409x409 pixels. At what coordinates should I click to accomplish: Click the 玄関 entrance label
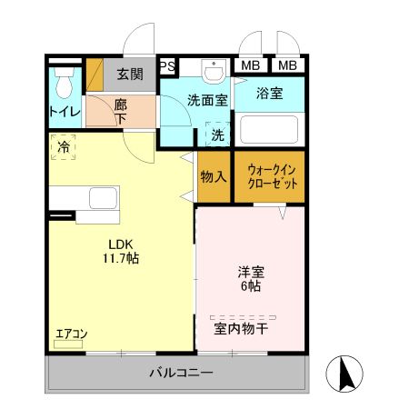tap(129, 74)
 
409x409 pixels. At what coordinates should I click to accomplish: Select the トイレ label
tap(64, 112)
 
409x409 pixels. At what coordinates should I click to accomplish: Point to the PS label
tap(166, 66)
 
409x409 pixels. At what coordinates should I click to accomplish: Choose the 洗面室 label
tap(207, 101)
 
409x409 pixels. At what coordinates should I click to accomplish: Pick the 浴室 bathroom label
tap(270, 93)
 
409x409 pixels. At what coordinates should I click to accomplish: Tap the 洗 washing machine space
tap(217, 135)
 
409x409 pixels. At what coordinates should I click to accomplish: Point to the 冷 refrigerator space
tap(64, 146)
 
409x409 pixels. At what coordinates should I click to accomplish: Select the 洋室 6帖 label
tap(251, 278)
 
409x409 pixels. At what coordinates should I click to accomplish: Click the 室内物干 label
tap(240, 328)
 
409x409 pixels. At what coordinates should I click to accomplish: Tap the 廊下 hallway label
tap(120, 111)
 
